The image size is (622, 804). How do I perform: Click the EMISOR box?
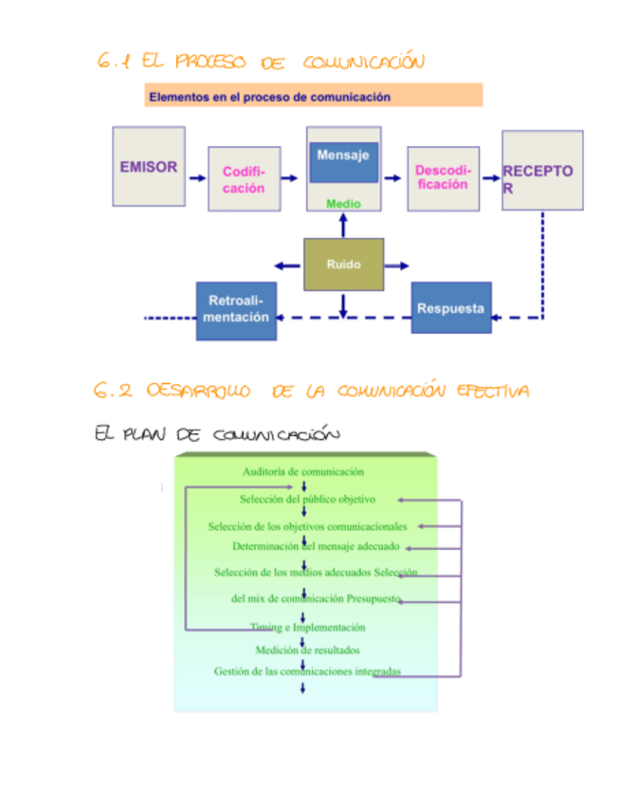[149, 168]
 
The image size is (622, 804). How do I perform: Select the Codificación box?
[244, 179]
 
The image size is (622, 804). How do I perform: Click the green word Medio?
[343, 203]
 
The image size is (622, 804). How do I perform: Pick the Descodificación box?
[442, 177]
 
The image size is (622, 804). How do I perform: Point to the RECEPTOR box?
[541, 172]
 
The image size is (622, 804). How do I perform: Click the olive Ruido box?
[343, 265]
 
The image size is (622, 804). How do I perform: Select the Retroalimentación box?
[238, 310]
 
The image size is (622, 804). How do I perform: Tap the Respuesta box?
[451, 308]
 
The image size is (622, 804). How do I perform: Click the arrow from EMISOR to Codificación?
[197, 178]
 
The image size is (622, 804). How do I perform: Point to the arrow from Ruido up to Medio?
[343, 225]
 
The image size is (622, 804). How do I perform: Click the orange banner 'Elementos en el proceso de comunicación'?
[313, 96]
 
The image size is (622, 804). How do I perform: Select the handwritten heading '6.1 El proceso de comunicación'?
[260, 63]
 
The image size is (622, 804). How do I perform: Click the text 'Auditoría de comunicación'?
[303, 471]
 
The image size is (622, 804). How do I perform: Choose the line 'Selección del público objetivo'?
[308, 499]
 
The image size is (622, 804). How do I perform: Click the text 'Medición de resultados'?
[307, 650]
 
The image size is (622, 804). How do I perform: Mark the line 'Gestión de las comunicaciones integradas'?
[307, 672]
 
